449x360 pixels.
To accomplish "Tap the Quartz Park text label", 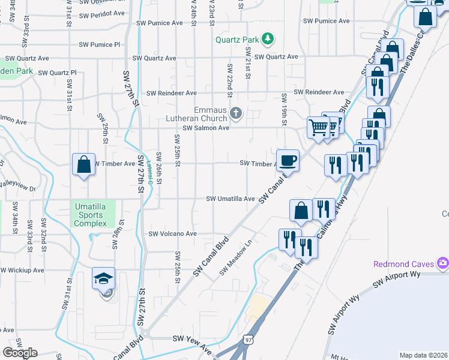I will coord(238,40).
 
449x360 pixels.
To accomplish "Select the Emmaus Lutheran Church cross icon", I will coord(237,113).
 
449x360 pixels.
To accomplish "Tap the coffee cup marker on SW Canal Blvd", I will coord(288,160).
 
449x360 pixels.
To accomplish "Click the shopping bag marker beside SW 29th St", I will coord(83,164).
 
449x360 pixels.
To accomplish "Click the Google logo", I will coord(19,352).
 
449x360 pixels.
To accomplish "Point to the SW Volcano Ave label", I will coord(173,234).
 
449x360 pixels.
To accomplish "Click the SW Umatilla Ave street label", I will coord(231,199).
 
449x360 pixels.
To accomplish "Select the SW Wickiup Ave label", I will coord(22,270).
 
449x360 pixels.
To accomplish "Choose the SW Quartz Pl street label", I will coord(57,73).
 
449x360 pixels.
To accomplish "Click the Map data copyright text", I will coord(424,355).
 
